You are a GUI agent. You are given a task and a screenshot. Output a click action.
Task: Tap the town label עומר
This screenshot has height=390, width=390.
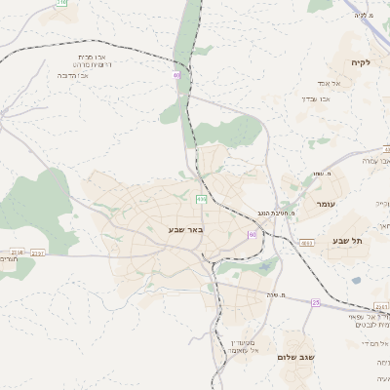[325, 206]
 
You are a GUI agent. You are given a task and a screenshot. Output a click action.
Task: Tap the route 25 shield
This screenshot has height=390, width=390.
[316, 303]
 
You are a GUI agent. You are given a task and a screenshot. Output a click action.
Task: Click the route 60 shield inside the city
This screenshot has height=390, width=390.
[253, 235]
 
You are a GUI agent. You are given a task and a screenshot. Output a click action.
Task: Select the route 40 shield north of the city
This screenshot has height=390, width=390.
[176, 74]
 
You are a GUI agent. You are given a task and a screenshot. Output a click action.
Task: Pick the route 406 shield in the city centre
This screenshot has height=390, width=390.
[202, 199]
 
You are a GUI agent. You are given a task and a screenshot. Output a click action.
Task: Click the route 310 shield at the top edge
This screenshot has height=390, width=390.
[62, 3]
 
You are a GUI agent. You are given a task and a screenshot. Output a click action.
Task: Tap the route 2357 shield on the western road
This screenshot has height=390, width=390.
[38, 253]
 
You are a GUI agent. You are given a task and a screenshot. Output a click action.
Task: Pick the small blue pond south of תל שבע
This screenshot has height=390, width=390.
[357, 281]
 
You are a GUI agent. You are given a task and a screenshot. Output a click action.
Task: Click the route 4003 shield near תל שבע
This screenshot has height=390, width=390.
[307, 243]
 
